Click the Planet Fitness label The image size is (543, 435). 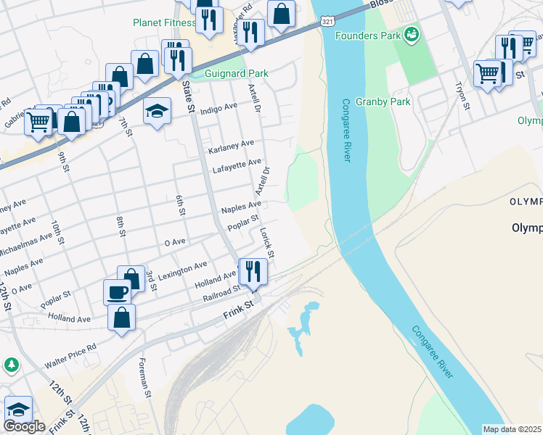[165, 22]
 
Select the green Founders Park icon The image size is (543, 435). [412, 33]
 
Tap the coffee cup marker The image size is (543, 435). [117, 292]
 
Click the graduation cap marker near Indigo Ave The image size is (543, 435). [157, 112]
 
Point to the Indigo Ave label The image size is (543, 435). [219, 107]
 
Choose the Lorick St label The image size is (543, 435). [266, 244]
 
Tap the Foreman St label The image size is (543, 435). [144, 378]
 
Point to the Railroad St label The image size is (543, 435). [221, 291]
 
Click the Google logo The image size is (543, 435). [24, 426]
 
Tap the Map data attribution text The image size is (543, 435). [513, 429]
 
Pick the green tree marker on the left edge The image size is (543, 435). [10, 365]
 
